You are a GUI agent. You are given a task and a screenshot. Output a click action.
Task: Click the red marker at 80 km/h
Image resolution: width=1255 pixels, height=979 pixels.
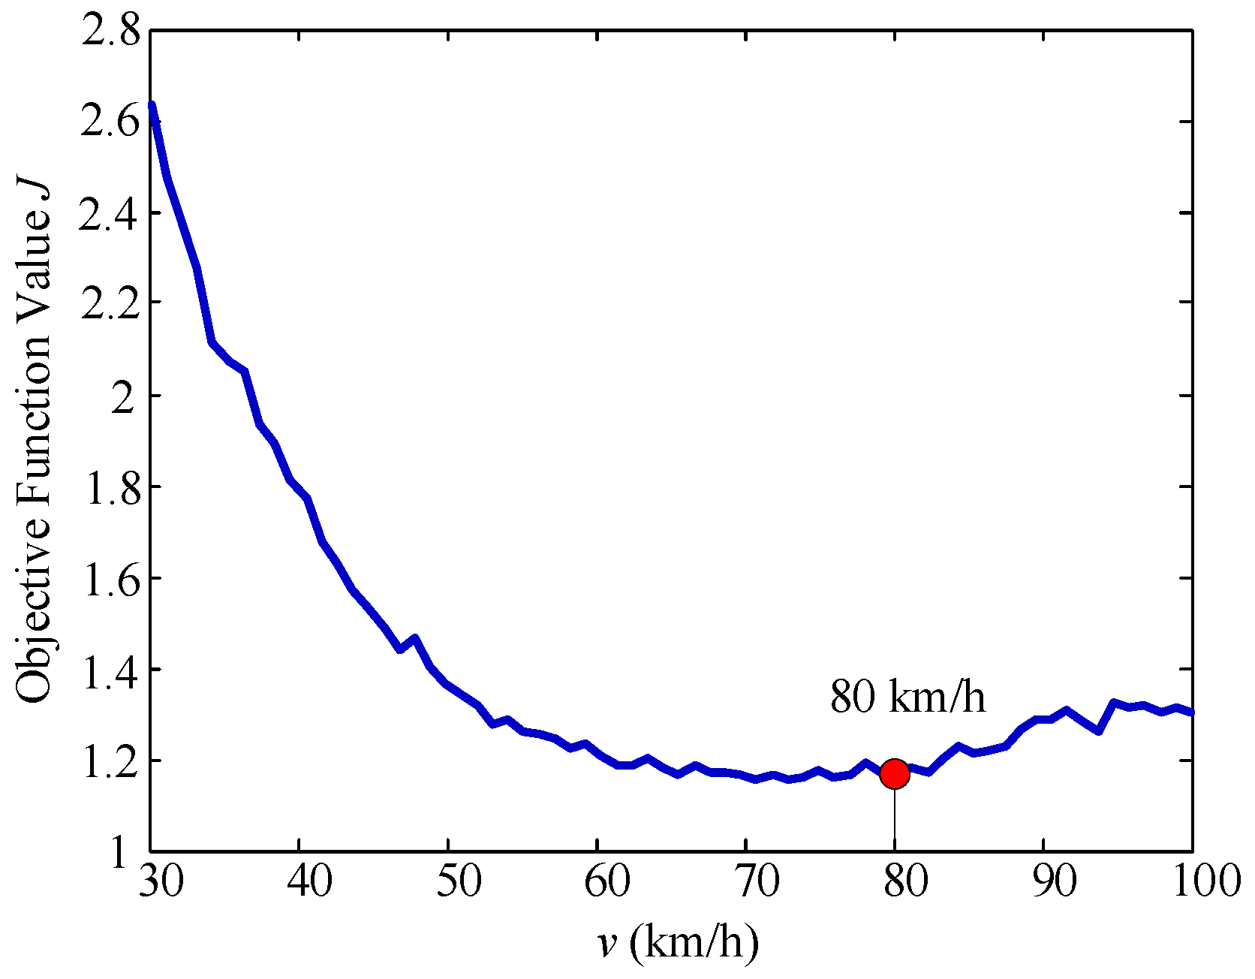click(x=894, y=773)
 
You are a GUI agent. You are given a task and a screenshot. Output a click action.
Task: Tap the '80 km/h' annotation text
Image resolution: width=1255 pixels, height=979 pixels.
click(x=907, y=697)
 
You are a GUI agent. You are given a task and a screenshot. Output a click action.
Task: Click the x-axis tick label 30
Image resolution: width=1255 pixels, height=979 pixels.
click(x=161, y=881)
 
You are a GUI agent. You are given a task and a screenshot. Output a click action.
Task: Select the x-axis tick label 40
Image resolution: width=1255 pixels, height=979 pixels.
click(x=309, y=881)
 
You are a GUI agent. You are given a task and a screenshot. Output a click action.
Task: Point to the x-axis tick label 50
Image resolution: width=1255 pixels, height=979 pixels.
click(x=459, y=881)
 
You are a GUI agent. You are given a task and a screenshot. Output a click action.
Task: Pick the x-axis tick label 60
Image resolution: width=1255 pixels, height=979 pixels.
click(x=607, y=881)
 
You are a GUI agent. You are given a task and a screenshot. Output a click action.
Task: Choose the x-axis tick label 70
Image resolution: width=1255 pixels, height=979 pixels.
click(x=756, y=881)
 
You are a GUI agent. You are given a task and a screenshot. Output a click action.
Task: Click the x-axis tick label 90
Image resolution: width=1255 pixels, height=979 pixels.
click(x=1054, y=881)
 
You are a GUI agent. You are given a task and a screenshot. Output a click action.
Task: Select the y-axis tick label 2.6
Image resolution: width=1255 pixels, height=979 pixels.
click(x=110, y=122)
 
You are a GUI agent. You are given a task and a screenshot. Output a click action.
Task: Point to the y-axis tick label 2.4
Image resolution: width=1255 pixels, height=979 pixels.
click(x=110, y=213)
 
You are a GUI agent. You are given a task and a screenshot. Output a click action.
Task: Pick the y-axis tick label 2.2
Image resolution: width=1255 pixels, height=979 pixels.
click(x=110, y=303)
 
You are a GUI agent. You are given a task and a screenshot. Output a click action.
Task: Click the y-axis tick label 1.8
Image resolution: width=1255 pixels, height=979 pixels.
click(x=110, y=486)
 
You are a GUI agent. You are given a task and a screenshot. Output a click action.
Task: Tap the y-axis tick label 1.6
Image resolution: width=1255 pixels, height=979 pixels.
click(x=110, y=578)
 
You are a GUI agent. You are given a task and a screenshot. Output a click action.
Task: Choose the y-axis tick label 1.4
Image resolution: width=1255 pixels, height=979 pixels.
click(x=110, y=669)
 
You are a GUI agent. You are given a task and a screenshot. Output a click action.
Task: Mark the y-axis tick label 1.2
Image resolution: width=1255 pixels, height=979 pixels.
click(x=110, y=761)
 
